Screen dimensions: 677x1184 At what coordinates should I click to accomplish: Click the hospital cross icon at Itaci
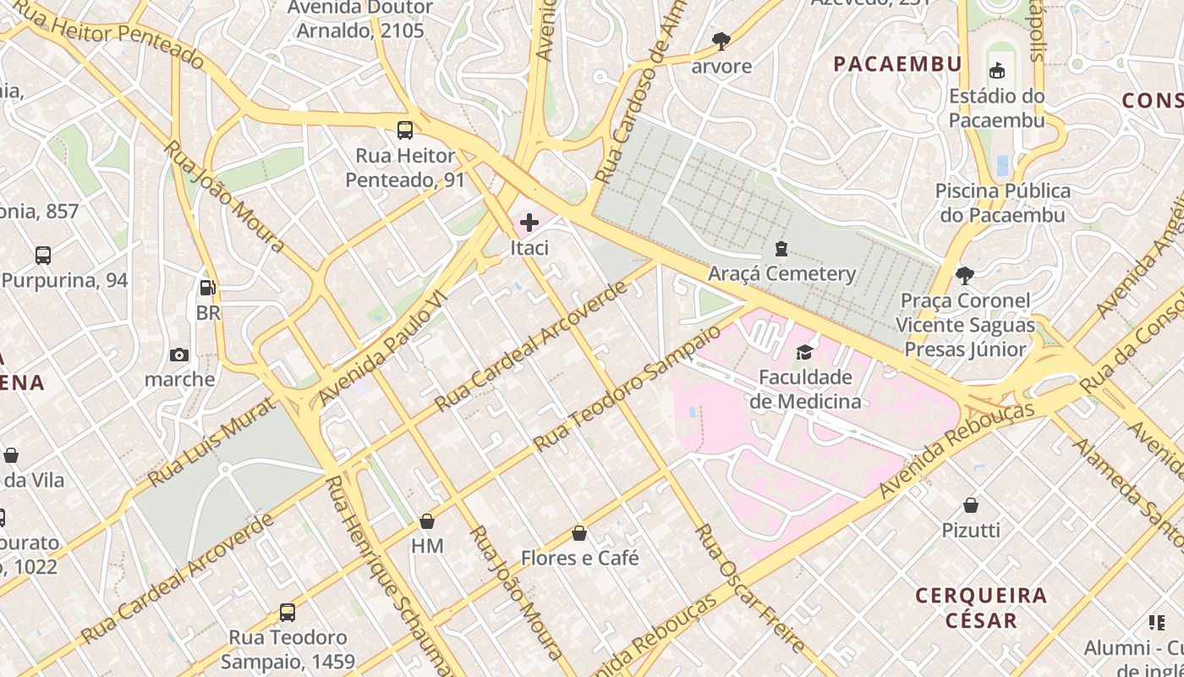[529, 223]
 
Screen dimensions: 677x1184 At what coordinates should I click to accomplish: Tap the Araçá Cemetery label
[781, 273]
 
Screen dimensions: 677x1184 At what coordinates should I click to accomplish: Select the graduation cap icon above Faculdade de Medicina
[803, 352]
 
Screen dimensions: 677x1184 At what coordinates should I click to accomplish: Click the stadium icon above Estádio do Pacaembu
[997, 70]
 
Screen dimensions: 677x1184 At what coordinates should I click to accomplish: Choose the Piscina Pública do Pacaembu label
[1002, 203]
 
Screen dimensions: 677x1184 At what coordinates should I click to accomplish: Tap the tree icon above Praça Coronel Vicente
[964, 275]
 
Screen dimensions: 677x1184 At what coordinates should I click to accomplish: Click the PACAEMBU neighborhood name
[897, 64]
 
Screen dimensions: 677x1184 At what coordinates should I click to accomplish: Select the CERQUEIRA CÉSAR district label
[981, 608]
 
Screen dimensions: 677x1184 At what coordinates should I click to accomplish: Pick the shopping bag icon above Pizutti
[971, 505]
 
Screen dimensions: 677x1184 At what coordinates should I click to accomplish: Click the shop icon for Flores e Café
[579, 533]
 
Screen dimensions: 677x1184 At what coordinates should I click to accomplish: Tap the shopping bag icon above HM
[427, 521]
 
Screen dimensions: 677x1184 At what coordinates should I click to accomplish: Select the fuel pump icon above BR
[207, 288]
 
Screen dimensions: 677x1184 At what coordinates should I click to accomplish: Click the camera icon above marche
[179, 355]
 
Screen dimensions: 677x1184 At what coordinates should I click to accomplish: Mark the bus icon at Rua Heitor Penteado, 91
[405, 130]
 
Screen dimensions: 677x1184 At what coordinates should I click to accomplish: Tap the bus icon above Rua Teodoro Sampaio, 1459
[288, 612]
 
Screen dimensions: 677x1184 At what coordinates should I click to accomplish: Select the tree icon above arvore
[721, 40]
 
